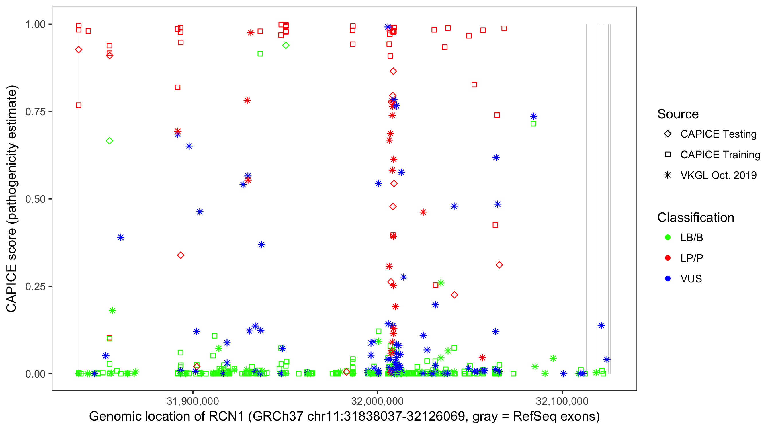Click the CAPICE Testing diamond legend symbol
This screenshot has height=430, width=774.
pos(668,134)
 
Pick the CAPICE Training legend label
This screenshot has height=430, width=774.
pos(720,155)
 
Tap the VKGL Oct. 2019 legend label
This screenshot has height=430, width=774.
pos(718,175)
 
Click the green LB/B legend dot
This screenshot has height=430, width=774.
pos(668,238)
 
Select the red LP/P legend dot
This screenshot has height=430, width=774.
pos(668,258)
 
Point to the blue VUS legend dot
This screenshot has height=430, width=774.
pos(668,279)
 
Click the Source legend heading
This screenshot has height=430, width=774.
pos(678,114)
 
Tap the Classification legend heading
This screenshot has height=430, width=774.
pos(695,218)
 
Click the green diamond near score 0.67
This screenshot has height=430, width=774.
pos(110,141)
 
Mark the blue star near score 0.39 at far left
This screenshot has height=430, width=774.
pos(120,237)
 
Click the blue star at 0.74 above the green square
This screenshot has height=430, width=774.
pos(533,116)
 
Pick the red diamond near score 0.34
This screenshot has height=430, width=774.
pos(181,255)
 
